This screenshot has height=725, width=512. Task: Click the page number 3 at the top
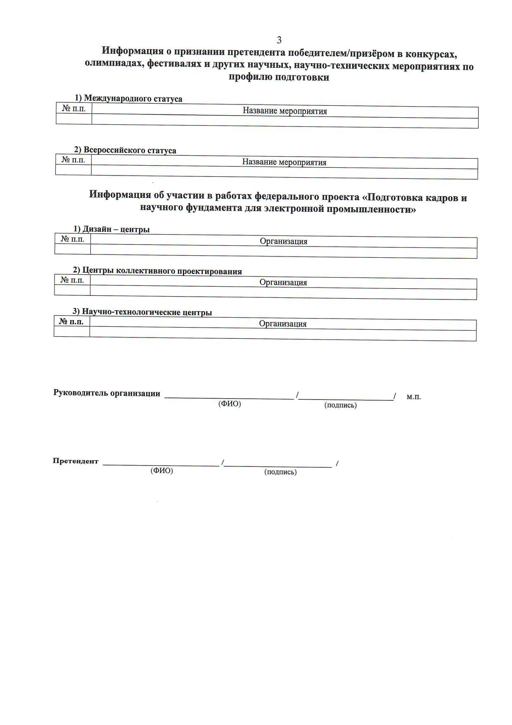[x=279, y=40]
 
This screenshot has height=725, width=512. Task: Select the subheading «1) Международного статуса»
[x=128, y=98]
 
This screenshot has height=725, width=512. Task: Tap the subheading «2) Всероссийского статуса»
[x=125, y=150]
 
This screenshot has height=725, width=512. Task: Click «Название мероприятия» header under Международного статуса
[x=284, y=111]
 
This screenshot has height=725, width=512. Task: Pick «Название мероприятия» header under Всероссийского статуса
[x=284, y=162]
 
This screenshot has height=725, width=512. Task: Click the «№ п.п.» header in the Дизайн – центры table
[x=73, y=239]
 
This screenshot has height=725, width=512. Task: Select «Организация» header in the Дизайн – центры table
[x=283, y=241]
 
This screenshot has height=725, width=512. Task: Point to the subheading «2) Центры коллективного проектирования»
[x=157, y=271]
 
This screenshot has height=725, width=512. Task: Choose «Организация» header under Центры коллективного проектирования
[x=283, y=283]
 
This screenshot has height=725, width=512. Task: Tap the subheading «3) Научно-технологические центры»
[x=142, y=312]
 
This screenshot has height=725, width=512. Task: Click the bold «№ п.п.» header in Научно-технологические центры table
[x=71, y=321]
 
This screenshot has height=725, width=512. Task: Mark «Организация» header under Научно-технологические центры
[x=282, y=324]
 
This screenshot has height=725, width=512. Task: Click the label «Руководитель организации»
[x=107, y=393]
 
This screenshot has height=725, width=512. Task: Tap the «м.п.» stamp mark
[x=413, y=397]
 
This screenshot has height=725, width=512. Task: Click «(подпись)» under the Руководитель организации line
[x=340, y=405]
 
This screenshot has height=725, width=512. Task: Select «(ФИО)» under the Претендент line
[x=161, y=471]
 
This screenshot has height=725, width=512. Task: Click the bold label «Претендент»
[x=76, y=461]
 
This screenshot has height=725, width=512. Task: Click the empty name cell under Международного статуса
[x=284, y=123]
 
